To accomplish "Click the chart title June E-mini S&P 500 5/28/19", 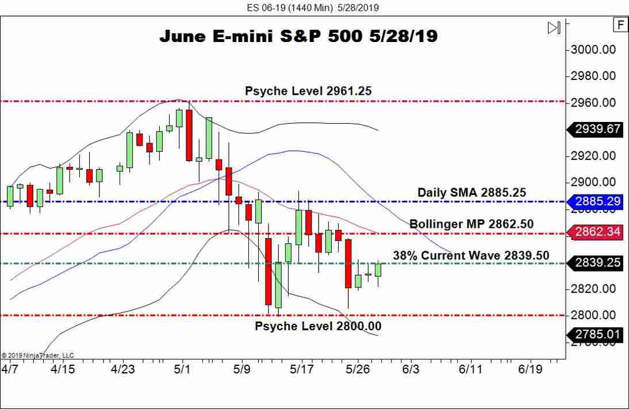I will click(298, 36).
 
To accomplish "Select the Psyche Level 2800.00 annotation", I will click(318, 326).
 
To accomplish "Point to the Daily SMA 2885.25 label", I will click(471, 193).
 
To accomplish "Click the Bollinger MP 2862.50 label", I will click(471, 224).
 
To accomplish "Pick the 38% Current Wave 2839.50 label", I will click(471, 255).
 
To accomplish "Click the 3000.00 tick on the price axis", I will click(593, 49).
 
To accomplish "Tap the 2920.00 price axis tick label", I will click(593, 156).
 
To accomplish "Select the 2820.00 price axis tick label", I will click(593, 289).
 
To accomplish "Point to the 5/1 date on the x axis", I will click(182, 369).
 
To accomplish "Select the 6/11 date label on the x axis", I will click(470, 369).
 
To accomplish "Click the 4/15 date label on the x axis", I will click(63, 369).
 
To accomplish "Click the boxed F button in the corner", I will click(620, 25).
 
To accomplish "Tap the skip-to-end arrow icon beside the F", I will click(554, 28).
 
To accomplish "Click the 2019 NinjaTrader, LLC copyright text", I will click(38, 356).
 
